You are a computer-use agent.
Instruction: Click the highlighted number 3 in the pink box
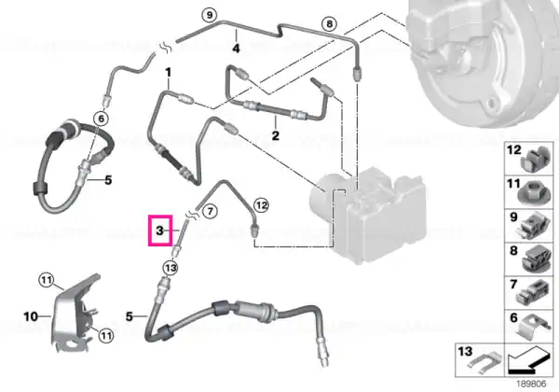click(x=159, y=231)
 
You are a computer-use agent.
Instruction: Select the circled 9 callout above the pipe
click(x=210, y=15)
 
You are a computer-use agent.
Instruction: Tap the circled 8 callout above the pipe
click(x=329, y=24)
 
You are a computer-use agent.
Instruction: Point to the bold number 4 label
click(x=236, y=48)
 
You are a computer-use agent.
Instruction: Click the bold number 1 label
click(x=168, y=73)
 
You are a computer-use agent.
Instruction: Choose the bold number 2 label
click(x=275, y=135)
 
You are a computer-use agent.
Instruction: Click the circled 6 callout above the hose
click(x=101, y=119)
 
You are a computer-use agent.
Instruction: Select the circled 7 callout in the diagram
click(x=210, y=211)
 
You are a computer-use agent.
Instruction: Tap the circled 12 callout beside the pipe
click(x=261, y=205)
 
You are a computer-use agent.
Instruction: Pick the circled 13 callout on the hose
click(x=170, y=268)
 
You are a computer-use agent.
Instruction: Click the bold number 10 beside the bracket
click(x=31, y=316)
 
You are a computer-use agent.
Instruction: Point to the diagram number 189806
click(x=532, y=385)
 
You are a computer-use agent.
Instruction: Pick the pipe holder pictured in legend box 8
click(x=537, y=259)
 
